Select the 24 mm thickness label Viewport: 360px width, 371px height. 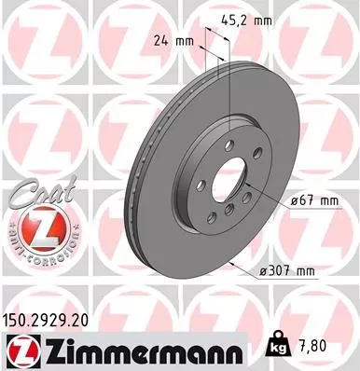tap(168, 41)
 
